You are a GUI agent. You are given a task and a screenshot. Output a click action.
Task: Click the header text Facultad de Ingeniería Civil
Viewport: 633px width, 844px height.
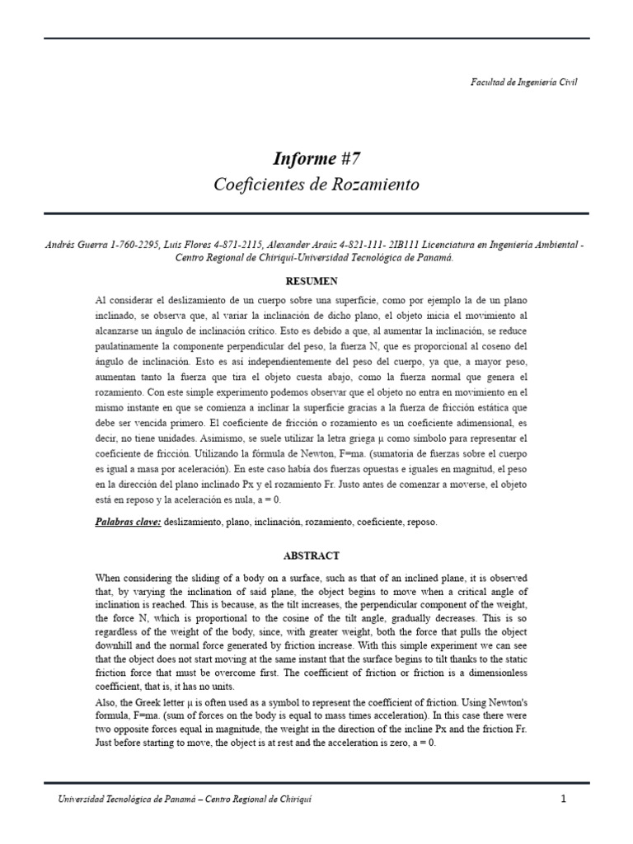[523, 82]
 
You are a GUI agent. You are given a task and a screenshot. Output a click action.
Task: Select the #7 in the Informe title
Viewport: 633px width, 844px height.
[345, 158]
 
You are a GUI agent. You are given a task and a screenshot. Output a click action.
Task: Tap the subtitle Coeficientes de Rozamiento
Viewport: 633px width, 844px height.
[316, 185]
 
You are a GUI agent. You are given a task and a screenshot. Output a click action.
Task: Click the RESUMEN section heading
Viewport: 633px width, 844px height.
[316, 282]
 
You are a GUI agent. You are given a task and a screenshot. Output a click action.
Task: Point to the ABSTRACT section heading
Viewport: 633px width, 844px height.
[316, 556]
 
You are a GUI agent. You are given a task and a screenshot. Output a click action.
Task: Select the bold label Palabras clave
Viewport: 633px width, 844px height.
[128, 523]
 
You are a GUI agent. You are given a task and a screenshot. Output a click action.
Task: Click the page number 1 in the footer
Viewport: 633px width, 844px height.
[564, 799]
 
